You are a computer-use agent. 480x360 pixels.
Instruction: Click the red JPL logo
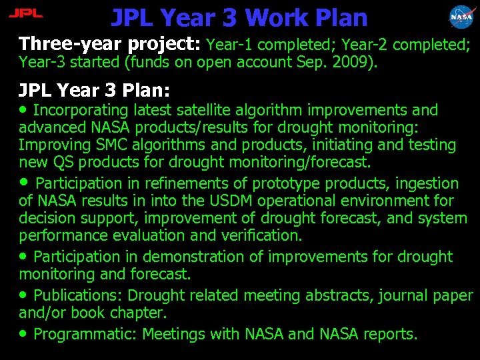tap(25, 13)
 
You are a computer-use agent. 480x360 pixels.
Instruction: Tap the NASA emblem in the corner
tap(461, 16)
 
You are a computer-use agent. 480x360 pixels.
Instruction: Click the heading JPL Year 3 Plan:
tap(95, 90)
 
